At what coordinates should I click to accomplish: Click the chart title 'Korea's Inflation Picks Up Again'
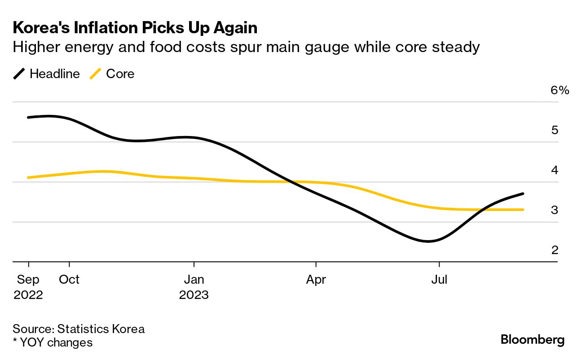click(x=135, y=28)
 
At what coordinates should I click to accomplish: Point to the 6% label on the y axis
click(x=560, y=90)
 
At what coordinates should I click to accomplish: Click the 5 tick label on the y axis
click(x=555, y=130)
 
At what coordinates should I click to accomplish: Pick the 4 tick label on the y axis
click(x=555, y=170)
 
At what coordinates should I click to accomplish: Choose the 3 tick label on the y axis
click(x=555, y=210)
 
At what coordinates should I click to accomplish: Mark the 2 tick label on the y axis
click(x=555, y=250)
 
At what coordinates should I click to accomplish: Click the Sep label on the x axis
click(x=28, y=280)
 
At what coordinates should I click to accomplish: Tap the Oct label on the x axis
click(x=69, y=280)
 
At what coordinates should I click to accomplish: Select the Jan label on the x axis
click(x=194, y=280)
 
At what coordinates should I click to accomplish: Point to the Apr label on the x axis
click(x=316, y=280)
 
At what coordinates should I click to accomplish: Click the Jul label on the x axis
click(x=439, y=280)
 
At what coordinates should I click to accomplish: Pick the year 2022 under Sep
click(x=28, y=295)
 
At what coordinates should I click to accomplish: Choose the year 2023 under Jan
click(x=194, y=295)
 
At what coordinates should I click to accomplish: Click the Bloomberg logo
click(x=533, y=340)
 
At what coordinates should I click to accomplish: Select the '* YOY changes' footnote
click(x=53, y=342)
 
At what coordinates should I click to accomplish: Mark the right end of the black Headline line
click(x=523, y=193)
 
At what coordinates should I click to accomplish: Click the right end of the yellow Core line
click(x=523, y=210)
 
